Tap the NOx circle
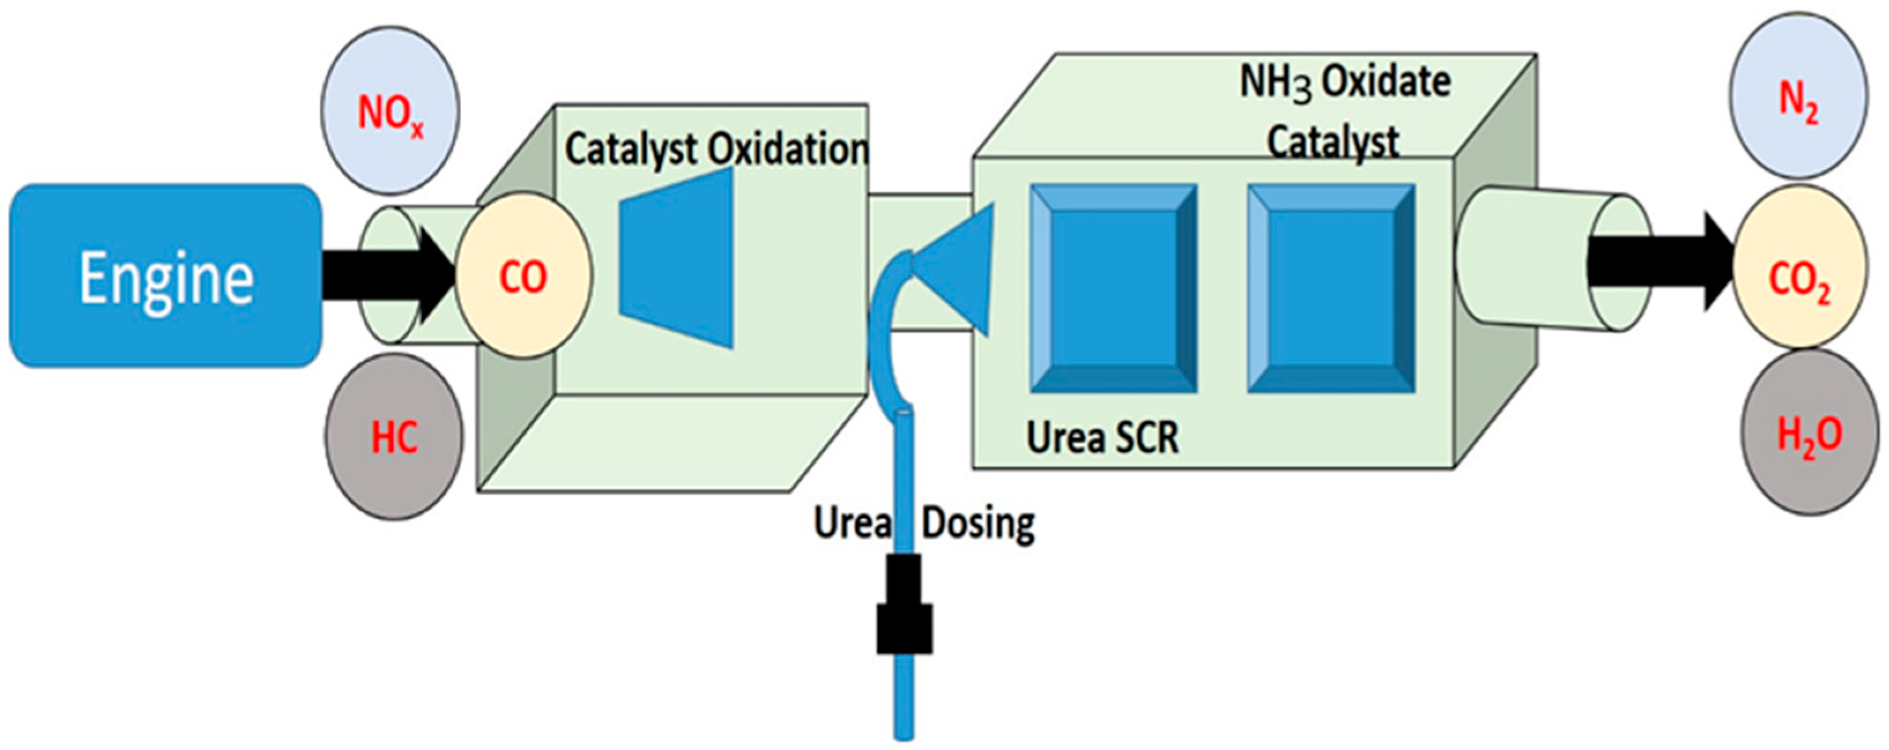point(391,111)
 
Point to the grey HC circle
point(394,437)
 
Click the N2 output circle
point(1798,95)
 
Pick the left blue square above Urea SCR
point(1113,289)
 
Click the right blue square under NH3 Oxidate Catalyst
point(1331,289)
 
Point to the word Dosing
point(977,524)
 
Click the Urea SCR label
point(1102,438)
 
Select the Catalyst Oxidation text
point(715,150)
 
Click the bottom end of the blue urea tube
point(903,733)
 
